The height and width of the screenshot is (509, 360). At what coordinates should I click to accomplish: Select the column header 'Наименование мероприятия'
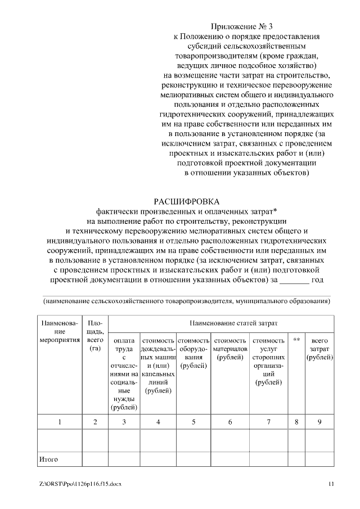click(x=58, y=332)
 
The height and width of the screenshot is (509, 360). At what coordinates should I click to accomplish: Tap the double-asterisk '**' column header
click(x=296, y=341)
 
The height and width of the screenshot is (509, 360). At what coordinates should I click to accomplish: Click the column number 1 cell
click(x=59, y=422)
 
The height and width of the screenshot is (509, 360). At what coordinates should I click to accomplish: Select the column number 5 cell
click(x=193, y=422)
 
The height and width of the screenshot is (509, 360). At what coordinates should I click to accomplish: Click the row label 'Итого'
click(x=49, y=460)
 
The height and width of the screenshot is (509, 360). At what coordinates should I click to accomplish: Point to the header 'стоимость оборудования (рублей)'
click(x=193, y=353)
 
